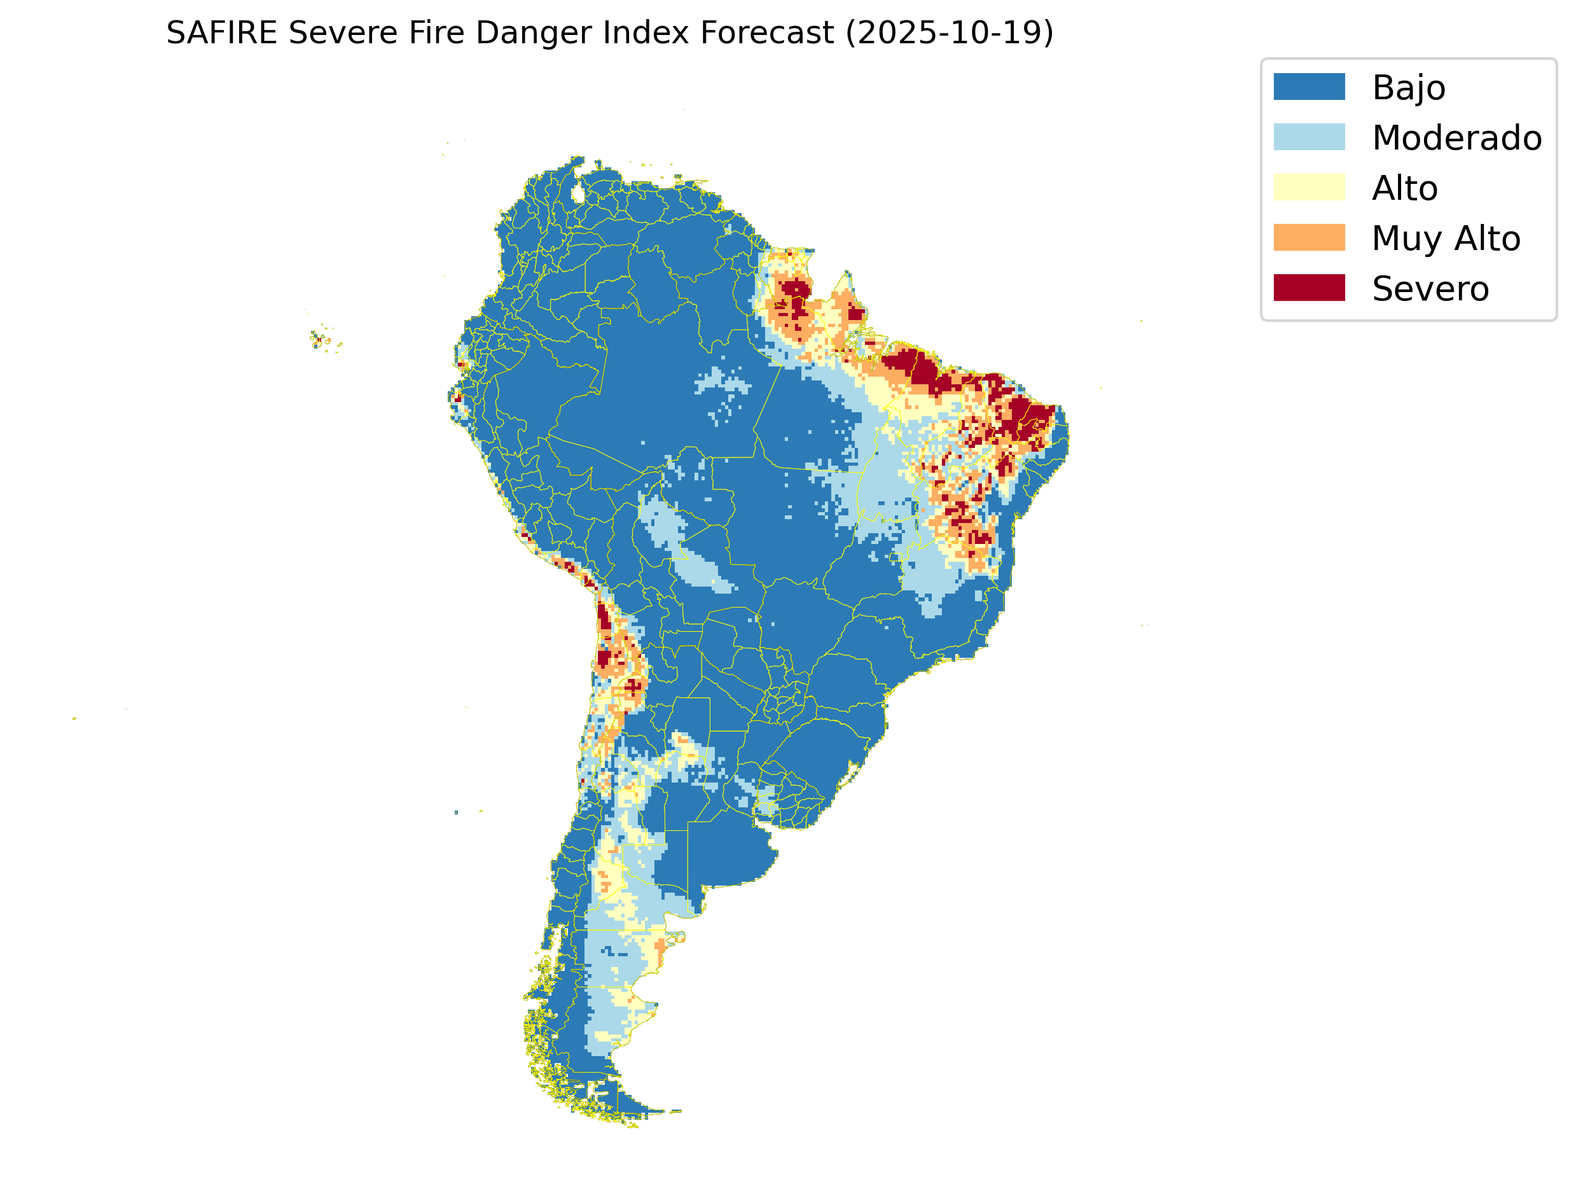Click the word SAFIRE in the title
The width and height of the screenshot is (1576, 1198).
[x=221, y=33]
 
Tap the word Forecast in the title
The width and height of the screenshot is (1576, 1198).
[x=767, y=33]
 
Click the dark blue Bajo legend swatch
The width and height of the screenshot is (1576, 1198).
[x=1309, y=87]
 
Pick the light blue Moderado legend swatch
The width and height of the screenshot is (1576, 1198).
[x=1309, y=137]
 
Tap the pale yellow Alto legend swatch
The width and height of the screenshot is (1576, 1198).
[x=1309, y=188]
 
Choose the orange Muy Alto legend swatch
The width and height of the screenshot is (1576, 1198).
[x=1309, y=237]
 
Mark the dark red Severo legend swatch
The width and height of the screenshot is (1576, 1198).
[x=1309, y=288]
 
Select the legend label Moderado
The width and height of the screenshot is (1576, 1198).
[x=1456, y=137]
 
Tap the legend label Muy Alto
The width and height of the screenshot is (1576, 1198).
[x=1446, y=239]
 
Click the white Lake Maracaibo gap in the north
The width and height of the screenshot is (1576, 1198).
[x=578, y=193]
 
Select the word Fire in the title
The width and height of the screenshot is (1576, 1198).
[x=435, y=33]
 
